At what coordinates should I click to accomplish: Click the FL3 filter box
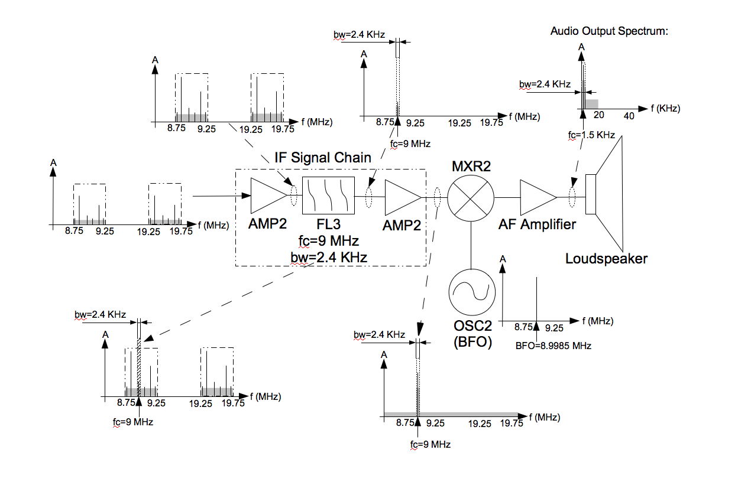pos(328,195)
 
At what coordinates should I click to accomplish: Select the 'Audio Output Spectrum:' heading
pos(609,31)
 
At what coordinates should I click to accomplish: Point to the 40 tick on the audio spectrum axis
pos(629,116)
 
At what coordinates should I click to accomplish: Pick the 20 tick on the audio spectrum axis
pos(598,116)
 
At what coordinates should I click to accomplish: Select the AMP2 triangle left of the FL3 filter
pos(268,196)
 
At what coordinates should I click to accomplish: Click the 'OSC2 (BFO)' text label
pos(472,336)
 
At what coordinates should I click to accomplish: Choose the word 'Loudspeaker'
pos(606,259)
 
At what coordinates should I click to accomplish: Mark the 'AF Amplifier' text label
pos(537,224)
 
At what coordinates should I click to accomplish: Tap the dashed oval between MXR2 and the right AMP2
pos(438,197)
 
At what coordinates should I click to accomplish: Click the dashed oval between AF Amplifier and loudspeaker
pos(572,197)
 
